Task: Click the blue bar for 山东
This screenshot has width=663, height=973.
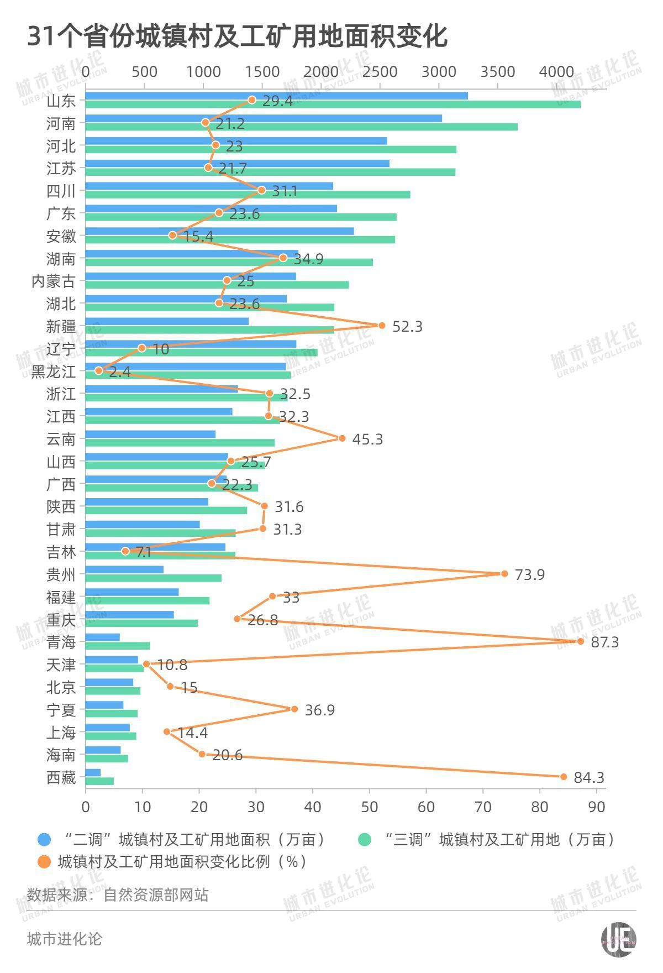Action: pos(276,96)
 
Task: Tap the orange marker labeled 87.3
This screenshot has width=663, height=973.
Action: pos(580,641)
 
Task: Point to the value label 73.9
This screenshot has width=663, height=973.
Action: pos(529,575)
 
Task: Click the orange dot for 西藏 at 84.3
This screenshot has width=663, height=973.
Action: pos(564,777)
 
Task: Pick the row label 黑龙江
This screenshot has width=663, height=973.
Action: pos(53,372)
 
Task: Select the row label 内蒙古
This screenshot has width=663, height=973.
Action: pos(53,281)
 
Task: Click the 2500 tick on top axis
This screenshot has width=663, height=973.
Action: pos(380,72)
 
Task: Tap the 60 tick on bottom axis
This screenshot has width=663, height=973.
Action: pos(427,807)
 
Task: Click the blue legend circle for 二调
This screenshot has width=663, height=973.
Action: pos(44,840)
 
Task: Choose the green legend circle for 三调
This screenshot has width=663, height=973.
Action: pos(365,840)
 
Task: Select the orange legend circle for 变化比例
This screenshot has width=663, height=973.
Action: pos(44,861)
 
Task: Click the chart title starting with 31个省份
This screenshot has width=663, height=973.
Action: pos(238,36)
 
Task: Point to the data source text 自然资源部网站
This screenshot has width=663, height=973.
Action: pos(156,894)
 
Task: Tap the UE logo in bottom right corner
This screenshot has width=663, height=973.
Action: pos(618,939)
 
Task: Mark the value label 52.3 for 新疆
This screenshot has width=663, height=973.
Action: pos(407,327)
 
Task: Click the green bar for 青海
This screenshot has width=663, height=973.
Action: pos(118,646)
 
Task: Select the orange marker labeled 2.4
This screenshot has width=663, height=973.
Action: pos(99,370)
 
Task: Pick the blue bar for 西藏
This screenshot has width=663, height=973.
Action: pos(93,772)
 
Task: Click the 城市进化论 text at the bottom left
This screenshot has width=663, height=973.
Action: pos(64,939)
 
